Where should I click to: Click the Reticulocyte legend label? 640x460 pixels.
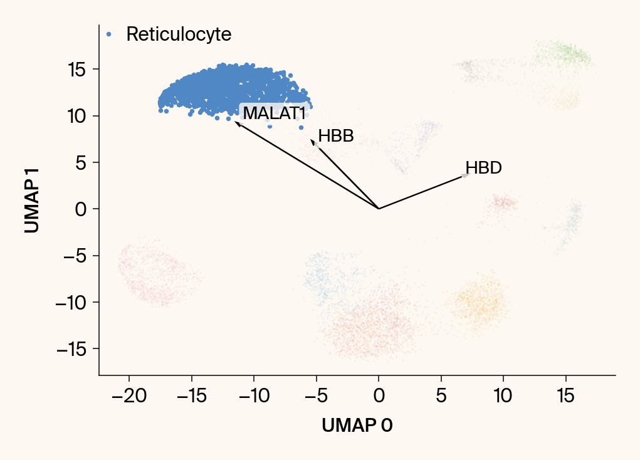(x=179, y=34)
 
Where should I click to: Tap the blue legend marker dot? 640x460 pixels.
(x=109, y=34)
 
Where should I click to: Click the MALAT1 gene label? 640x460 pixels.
(x=274, y=113)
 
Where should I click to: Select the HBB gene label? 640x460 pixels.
(x=336, y=136)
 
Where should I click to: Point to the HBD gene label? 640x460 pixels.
(x=483, y=168)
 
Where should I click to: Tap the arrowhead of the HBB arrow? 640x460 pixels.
(x=312, y=142)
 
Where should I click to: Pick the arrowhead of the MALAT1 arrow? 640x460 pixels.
(x=237, y=123)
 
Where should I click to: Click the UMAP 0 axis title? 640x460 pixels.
(x=357, y=426)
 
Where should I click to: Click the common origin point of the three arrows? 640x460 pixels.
(x=379, y=209)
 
